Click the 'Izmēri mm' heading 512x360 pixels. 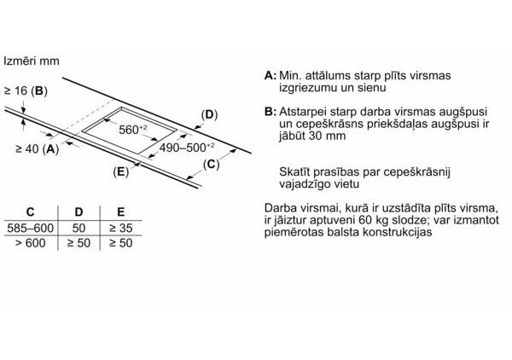32,62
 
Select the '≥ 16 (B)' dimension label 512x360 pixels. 26,90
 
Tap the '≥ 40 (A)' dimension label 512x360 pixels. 37,148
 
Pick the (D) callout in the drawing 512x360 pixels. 209,114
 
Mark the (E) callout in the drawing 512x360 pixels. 120,171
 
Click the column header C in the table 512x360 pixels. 31,212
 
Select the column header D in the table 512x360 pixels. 79,212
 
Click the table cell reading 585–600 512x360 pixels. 31,229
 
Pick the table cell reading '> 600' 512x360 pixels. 31,245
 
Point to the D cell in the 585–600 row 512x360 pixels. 79,229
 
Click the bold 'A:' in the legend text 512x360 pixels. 271,76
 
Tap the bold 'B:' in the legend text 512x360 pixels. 271,112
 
